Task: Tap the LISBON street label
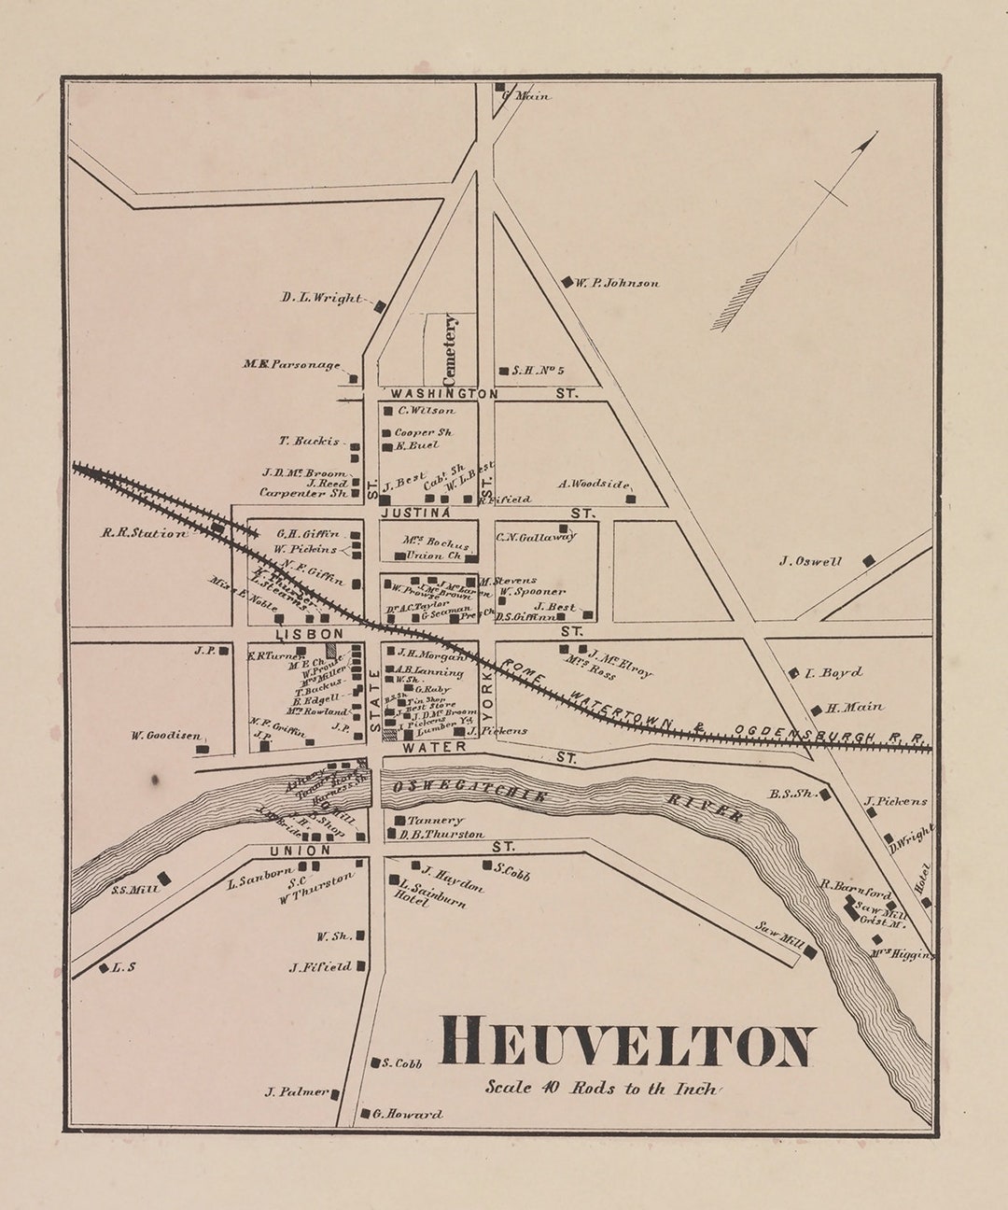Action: (299, 633)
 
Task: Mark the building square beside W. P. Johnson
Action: (567, 281)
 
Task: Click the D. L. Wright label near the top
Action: (321, 299)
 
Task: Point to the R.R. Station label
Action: (145, 533)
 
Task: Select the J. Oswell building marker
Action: (868, 560)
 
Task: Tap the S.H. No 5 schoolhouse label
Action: (539, 371)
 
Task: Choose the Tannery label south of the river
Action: (435, 820)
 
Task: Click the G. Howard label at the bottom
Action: (407, 1114)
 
